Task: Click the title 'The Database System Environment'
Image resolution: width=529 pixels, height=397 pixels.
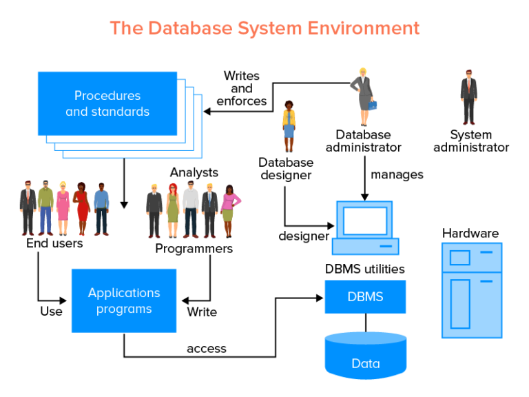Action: (x=264, y=28)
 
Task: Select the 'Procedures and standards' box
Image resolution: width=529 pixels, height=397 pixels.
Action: (x=107, y=103)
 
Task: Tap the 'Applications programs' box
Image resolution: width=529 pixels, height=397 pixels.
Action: (x=124, y=301)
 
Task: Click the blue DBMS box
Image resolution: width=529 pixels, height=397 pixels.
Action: (x=365, y=298)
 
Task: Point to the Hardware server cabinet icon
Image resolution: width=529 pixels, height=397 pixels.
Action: (x=472, y=290)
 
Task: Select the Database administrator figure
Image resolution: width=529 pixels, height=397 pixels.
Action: (x=362, y=96)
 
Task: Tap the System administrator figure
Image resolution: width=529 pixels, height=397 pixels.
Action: (x=469, y=96)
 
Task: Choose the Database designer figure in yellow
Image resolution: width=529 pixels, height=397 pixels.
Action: (x=289, y=127)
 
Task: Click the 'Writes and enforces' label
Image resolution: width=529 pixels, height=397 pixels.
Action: (x=242, y=88)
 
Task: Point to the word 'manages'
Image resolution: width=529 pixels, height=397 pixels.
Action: (x=397, y=174)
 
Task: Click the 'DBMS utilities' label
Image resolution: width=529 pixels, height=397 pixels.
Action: (x=365, y=269)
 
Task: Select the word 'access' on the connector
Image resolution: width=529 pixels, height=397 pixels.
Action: (x=207, y=349)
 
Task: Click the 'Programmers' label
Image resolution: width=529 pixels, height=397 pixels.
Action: (x=194, y=248)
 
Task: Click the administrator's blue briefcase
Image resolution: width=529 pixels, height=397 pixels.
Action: (x=373, y=105)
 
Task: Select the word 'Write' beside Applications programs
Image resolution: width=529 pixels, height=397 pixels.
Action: (x=202, y=312)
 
